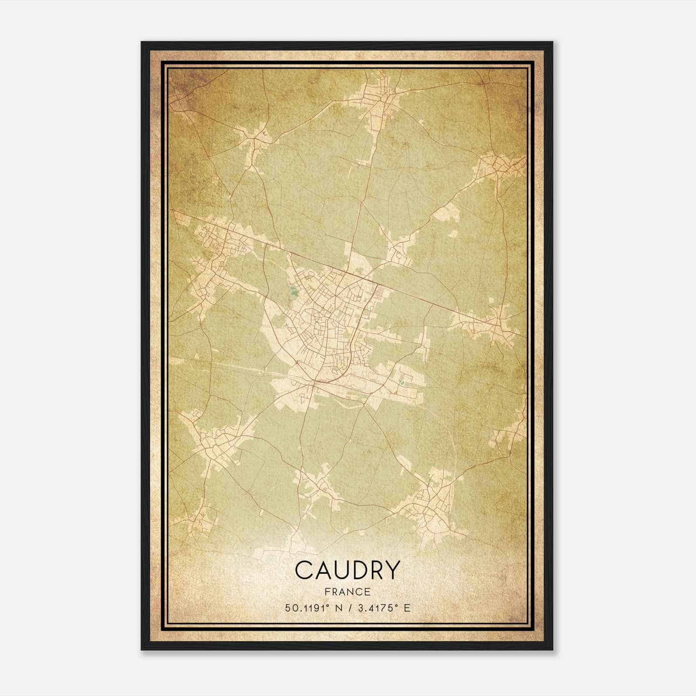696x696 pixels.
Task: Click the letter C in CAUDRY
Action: [304, 570]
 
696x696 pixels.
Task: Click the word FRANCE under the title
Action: [348, 592]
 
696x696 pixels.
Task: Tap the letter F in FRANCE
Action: [328, 592]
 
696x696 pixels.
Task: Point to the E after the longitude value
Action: [407, 608]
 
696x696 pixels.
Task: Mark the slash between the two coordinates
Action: [348, 608]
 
